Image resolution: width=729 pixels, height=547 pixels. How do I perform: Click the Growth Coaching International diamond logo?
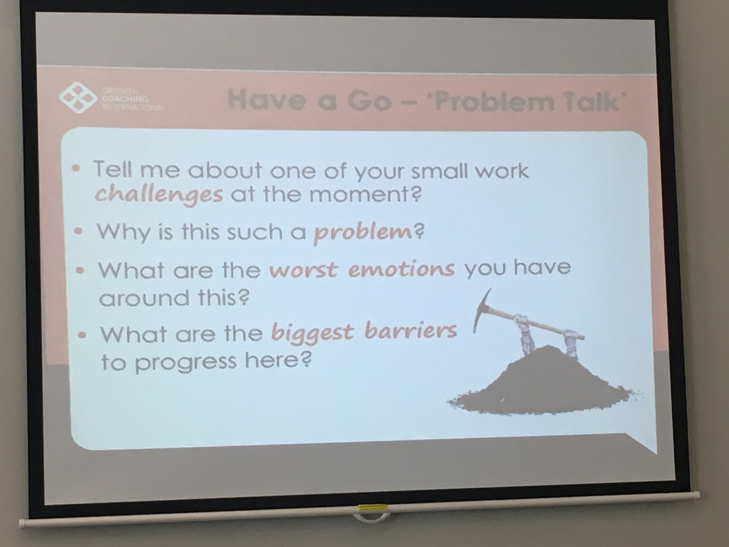tap(77, 97)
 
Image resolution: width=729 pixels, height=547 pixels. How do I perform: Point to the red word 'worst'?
tap(303, 269)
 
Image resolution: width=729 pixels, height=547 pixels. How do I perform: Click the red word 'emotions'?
tap(401, 269)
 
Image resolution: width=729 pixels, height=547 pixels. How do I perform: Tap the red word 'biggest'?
tap(313, 333)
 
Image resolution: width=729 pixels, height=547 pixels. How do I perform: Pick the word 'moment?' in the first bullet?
tap(365, 194)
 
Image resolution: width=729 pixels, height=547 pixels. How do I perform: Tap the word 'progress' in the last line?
tap(186, 363)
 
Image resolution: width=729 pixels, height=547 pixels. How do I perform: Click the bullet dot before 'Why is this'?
tap(78, 232)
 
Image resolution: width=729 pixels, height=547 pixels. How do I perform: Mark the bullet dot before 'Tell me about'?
tap(77, 169)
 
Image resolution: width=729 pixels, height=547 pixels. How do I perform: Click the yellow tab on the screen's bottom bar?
tap(372, 508)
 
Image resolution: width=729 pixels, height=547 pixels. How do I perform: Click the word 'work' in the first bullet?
tap(502, 170)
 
